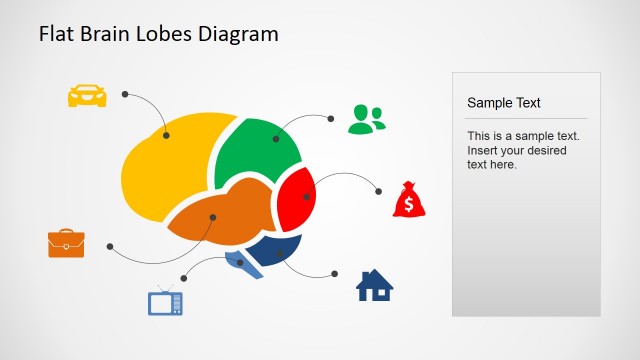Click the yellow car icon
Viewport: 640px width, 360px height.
click(87, 95)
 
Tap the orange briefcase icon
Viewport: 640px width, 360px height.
click(66, 243)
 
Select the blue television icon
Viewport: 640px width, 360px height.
click(165, 302)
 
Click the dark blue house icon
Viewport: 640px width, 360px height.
click(375, 286)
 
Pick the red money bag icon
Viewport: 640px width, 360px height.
click(409, 200)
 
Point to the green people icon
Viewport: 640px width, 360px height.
click(366, 119)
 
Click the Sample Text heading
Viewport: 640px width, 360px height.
click(503, 102)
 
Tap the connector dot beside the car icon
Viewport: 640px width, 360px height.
click(125, 94)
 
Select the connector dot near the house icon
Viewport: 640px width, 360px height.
click(336, 273)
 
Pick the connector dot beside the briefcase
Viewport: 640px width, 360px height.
click(109, 245)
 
